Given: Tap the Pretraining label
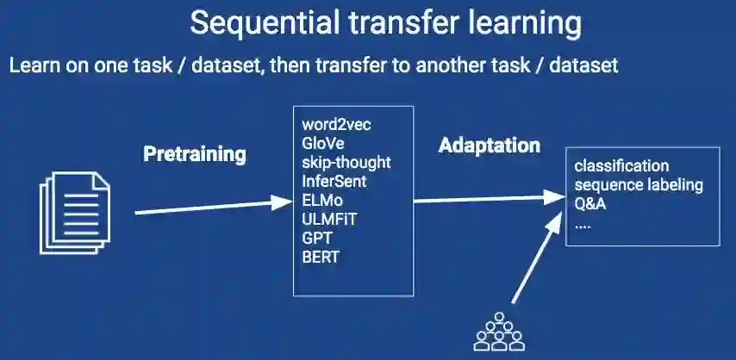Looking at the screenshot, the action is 194,155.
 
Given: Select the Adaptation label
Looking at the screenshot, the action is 490,146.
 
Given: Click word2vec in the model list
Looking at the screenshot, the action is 337,125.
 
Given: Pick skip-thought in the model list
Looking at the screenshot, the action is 346,162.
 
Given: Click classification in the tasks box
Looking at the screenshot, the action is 621,165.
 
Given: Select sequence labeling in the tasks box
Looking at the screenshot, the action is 639,184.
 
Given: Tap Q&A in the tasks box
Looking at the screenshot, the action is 590,203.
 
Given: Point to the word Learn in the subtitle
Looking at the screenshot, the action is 33,65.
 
